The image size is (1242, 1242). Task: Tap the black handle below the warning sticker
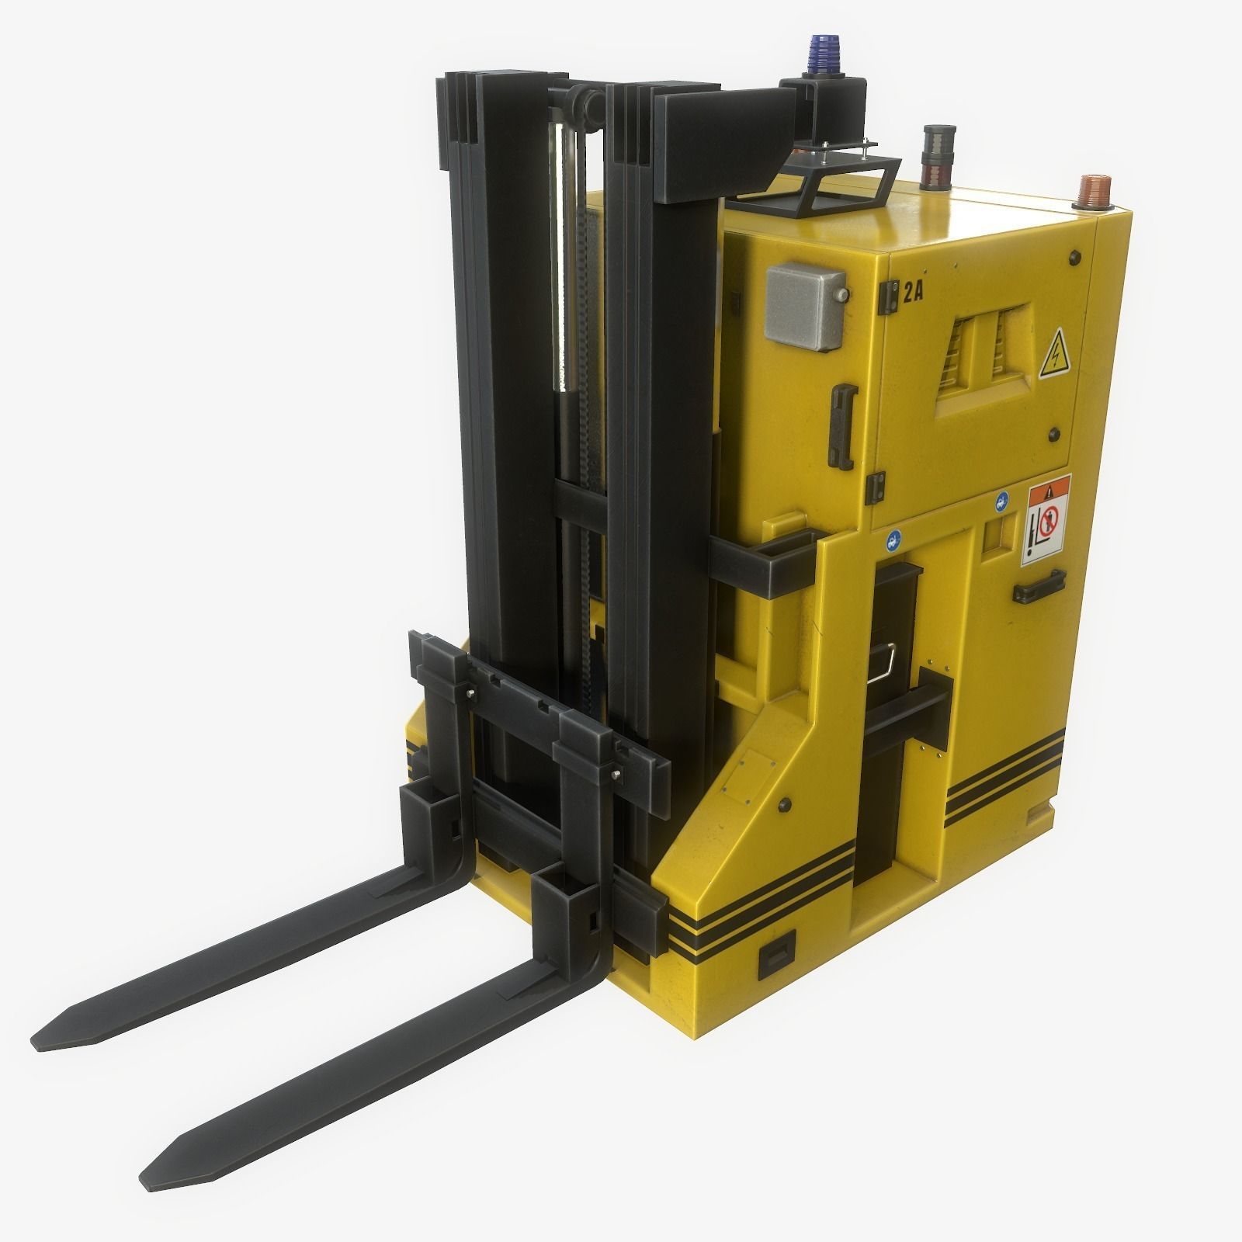tap(1038, 587)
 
